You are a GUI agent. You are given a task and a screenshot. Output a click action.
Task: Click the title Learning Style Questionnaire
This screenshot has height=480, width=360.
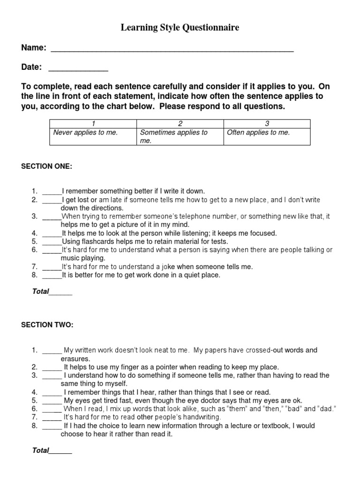point(180,28)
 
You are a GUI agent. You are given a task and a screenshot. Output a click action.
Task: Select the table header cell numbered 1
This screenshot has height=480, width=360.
point(93,123)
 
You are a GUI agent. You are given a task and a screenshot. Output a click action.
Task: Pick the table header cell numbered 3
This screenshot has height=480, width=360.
point(267,123)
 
